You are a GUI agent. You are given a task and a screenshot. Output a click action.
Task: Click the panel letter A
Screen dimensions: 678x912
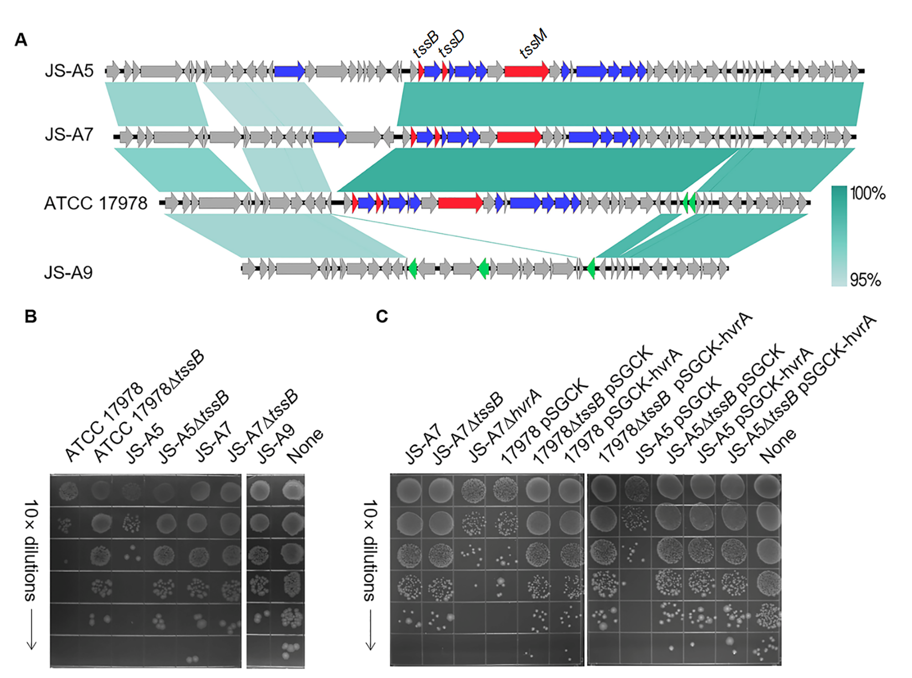point(21,40)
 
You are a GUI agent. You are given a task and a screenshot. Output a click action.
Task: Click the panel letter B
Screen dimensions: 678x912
point(31,316)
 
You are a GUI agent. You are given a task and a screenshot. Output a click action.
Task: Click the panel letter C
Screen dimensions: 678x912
point(382,316)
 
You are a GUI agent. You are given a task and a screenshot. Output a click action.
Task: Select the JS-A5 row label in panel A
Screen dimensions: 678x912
point(69,71)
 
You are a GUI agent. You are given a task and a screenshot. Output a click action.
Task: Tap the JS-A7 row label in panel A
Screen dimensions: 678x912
point(69,135)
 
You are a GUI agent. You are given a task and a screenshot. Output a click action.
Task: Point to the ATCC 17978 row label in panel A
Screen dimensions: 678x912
point(95,203)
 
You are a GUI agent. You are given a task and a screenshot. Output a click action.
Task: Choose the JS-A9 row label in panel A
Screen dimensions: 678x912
point(68,272)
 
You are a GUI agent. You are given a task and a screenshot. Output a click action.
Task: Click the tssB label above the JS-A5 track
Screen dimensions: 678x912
point(425,44)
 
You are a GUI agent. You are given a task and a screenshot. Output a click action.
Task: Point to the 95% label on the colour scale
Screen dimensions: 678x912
point(865,279)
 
